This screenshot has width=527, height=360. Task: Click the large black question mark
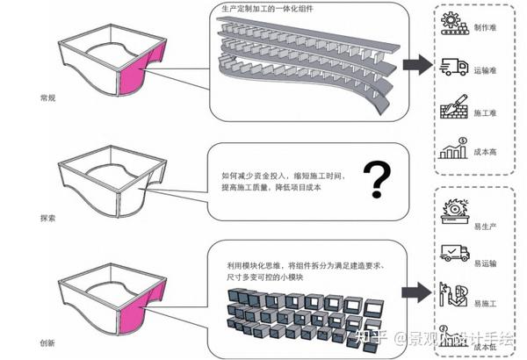click(377, 179)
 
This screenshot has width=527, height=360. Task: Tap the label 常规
click(61, 98)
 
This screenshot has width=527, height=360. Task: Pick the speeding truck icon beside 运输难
click(454, 67)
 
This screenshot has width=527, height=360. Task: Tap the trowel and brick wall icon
click(453, 110)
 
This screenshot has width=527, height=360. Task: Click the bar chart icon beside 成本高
click(453, 151)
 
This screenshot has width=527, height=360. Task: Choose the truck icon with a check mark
click(454, 253)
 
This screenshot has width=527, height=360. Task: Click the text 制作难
click(487, 27)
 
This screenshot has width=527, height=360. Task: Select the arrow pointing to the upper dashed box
click(416, 64)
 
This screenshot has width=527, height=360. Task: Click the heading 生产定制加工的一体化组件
click(267, 8)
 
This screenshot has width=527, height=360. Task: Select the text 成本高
click(487, 153)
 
